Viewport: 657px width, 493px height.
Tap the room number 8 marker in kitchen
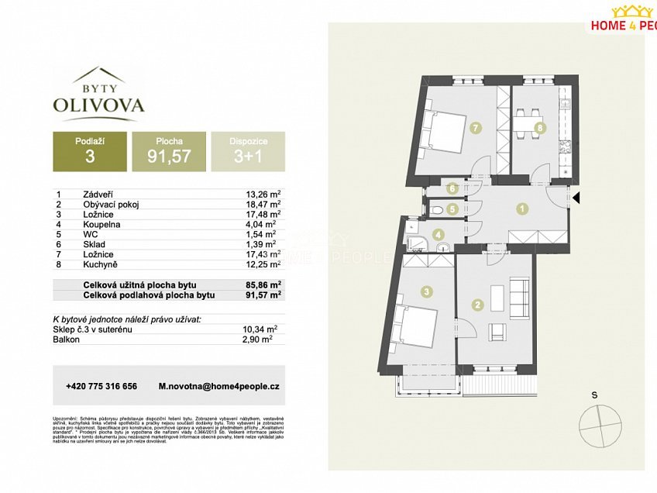coord(540,127)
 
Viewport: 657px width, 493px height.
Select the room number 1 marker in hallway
coord(523,208)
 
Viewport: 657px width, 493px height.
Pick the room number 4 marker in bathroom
coord(439,235)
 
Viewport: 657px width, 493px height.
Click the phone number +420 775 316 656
coord(101,386)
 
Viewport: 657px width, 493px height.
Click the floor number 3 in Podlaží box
coord(89,158)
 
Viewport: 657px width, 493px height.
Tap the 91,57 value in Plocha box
coord(168,158)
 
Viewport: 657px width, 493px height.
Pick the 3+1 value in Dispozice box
coord(248,158)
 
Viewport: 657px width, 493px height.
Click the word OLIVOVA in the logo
coord(98,104)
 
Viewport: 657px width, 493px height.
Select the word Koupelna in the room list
coord(100,224)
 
